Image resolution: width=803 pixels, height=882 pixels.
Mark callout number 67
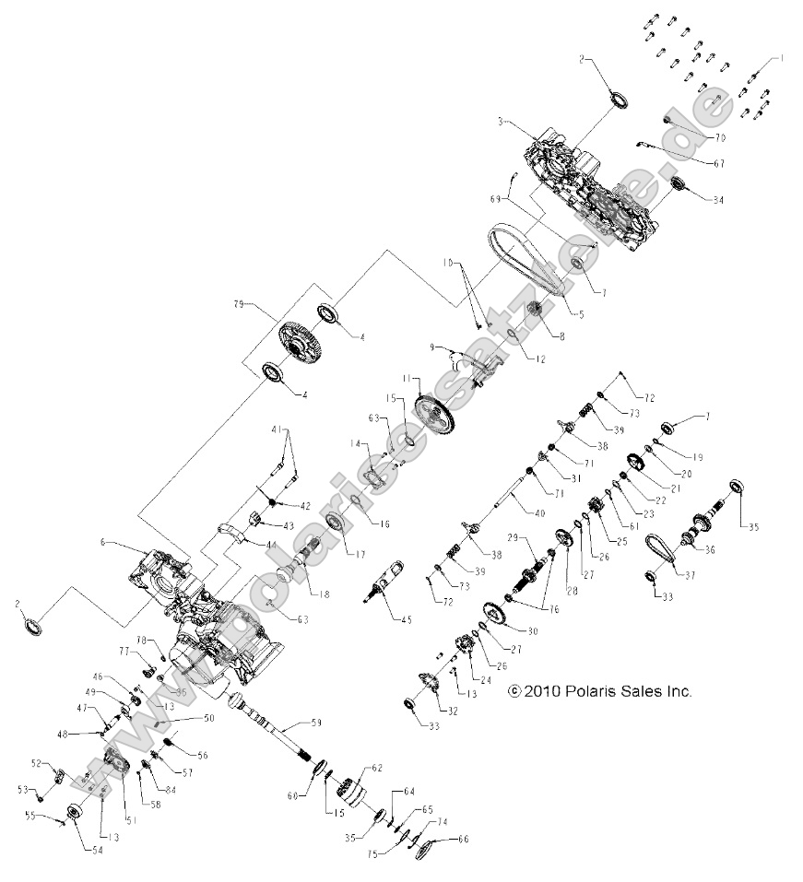(718, 163)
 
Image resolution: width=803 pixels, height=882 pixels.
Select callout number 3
(499, 121)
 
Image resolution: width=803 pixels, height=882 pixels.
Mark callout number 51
(129, 818)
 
